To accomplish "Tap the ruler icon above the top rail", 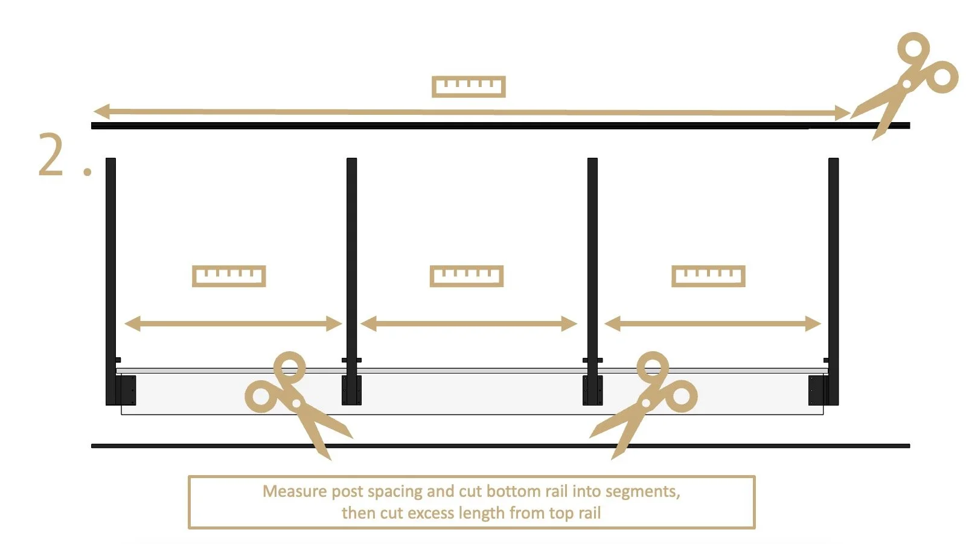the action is pyautogui.click(x=469, y=86).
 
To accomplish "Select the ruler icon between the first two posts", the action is pyautogui.click(x=229, y=276).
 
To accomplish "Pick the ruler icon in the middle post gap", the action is pyautogui.click(x=466, y=276).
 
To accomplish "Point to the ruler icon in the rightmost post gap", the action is pyautogui.click(x=708, y=276).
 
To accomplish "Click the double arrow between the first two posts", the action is pyautogui.click(x=233, y=323).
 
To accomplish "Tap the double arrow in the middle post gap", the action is pyautogui.click(x=469, y=323).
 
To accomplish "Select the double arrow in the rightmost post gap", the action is pyautogui.click(x=712, y=323).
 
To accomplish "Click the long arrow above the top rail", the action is pyautogui.click(x=471, y=112).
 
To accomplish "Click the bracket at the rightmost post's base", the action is pyautogui.click(x=816, y=390).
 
